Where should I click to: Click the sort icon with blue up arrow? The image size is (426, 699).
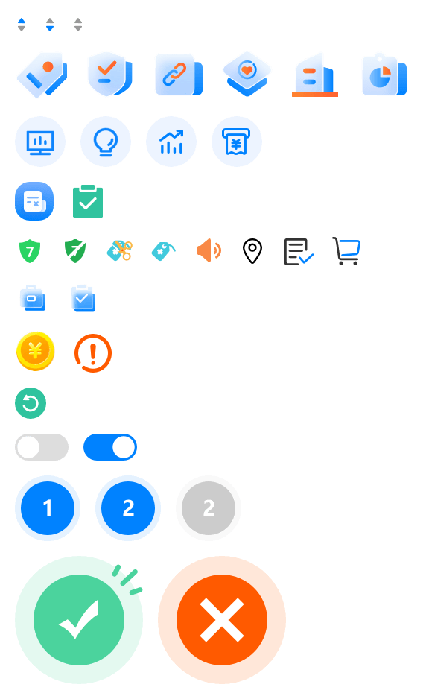[22, 25]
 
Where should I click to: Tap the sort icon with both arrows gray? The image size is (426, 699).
[78, 25]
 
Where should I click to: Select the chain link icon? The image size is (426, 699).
[179, 75]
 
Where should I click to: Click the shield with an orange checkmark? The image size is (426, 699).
[110, 74]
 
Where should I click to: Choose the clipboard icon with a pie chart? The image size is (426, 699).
[384, 75]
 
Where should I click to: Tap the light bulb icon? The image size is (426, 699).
[106, 142]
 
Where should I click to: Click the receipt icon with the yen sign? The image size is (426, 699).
[237, 142]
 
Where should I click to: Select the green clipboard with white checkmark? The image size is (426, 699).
[88, 201]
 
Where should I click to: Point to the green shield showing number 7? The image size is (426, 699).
[30, 251]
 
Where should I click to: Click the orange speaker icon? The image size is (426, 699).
[209, 250]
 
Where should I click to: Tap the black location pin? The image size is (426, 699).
[252, 251]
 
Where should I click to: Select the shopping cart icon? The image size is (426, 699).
[346, 251]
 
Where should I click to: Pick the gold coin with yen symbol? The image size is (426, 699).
[35, 351]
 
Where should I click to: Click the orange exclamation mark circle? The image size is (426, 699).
[92, 353]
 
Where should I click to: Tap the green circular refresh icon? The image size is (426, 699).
[31, 403]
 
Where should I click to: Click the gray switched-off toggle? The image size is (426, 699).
[42, 447]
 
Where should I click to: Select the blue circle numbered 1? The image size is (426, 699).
[48, 508]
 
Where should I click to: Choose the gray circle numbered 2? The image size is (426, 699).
[209, 508]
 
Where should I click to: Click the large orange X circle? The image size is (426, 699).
[222, 620]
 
